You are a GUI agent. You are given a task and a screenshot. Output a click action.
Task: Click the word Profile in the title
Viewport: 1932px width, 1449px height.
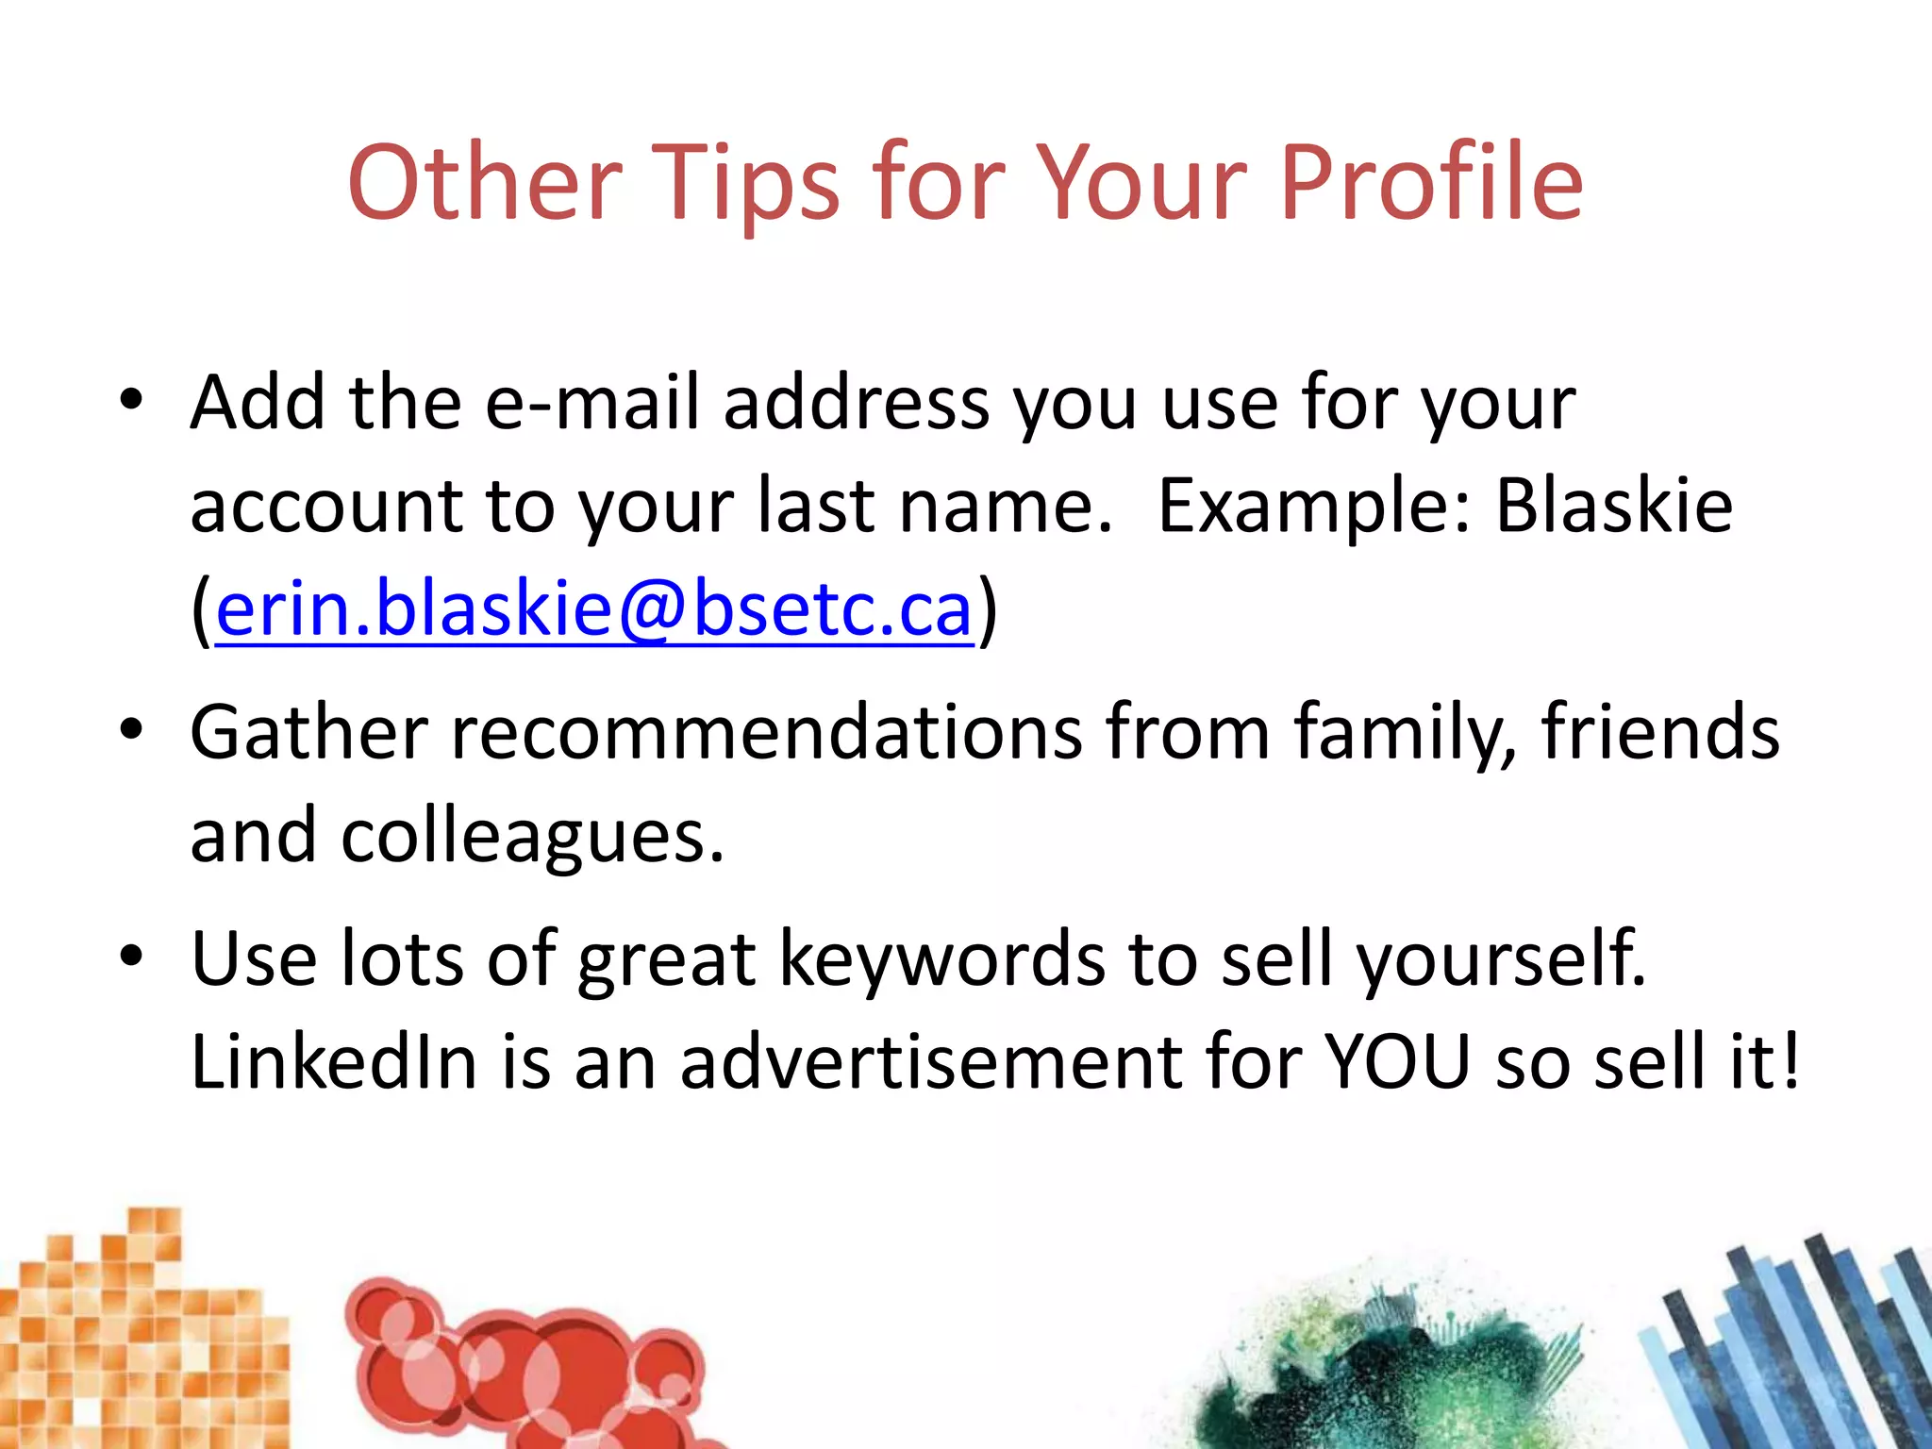click(1431, 184)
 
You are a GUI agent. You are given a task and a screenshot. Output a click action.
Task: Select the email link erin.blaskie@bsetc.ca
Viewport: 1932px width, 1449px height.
click(594, 609)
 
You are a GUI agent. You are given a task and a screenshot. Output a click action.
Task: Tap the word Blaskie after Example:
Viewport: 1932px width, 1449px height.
click(1614, 506)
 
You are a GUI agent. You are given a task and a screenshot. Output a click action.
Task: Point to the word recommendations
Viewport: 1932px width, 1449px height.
click(767, 732)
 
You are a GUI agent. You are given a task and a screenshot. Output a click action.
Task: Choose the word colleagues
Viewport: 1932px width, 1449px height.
click(532, 838)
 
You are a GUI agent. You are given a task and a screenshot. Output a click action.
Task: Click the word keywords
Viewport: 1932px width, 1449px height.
click(942, 959)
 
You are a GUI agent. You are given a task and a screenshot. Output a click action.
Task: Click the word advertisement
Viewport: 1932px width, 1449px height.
click(931, 1062)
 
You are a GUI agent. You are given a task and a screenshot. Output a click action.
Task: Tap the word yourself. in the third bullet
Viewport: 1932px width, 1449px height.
click(1501, 959)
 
